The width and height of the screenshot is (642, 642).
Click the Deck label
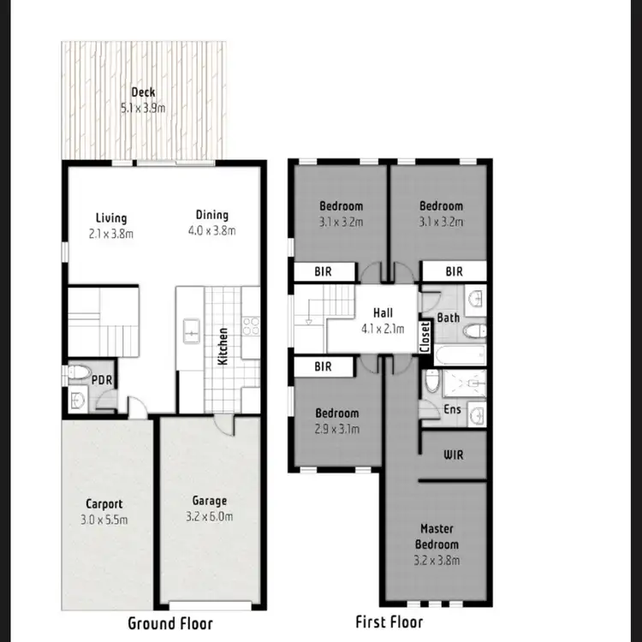pyautogui.click(x=143, y=92)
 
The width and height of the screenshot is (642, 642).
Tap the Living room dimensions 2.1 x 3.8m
pyautogui.click(x=111, y=232)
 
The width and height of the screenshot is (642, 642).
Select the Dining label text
pyautogui.click(x=211, y=216)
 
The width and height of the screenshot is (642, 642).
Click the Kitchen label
pyautogui.click(x=223, y=346)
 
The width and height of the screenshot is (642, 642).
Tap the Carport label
pyautogui.click(x=104, y=504)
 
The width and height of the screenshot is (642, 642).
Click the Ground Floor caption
pyautogui.click(x=170, y=623)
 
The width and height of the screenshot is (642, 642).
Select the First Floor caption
pyautogui.click(x=389, y=621)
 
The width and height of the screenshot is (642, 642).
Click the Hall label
pyautogui.click(x=382, y=313)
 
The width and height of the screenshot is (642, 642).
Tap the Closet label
pyautogui.click(x=425, y=336)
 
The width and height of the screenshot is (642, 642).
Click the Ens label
pyautogui.click(x=452, y=410)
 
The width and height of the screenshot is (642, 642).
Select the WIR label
pyautogui.click(x=453, y=455)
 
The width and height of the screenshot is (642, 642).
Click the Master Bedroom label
pyautogui.click(x=437, y=537)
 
